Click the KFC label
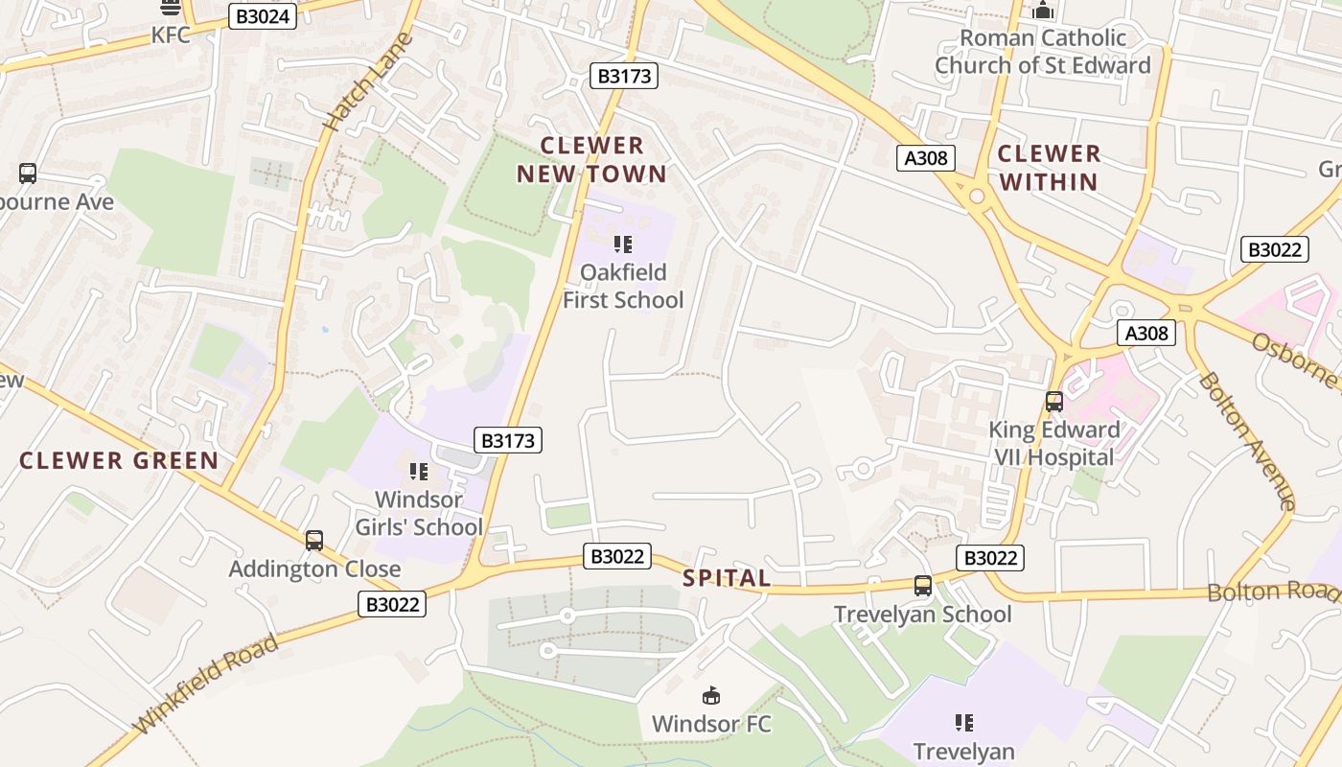point(171,35)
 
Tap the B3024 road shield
point(262,16)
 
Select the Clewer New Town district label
point(591,159)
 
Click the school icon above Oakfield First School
point(623,244)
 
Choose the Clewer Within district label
point(1048,167)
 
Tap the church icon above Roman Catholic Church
point(1043,11)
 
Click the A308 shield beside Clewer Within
point(927,158)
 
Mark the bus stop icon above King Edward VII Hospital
point(1054,402)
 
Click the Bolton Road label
point(1273,591)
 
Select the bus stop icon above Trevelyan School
point(923,585)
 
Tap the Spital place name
point(727,578)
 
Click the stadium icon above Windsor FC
point(711,695)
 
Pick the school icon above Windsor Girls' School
point(419,471)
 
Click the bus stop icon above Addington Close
point(314,541)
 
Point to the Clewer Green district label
point(120,460)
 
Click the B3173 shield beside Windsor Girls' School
point(508,440)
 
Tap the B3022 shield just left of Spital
point(617,556)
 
